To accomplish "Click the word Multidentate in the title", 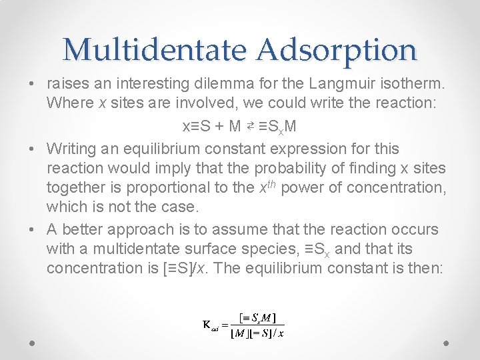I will pos(157,49).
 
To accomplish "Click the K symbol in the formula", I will pos(207,325).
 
